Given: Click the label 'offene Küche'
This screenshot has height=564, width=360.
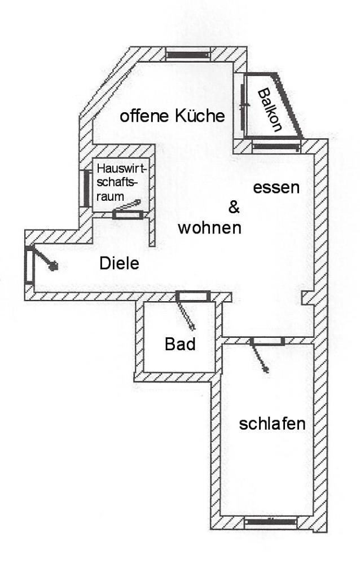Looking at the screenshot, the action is pos(172,116).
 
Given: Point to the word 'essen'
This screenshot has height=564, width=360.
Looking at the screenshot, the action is pos(276,188).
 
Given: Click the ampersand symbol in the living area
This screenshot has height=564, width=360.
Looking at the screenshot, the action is pos(234,207).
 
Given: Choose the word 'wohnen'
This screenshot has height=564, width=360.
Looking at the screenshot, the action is pos(209,228).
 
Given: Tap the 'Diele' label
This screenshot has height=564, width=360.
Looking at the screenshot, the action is pos(119,263).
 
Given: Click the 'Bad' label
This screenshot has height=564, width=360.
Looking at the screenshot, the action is pos(180,344).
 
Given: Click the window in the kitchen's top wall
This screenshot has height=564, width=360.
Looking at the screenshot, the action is pos(187,55).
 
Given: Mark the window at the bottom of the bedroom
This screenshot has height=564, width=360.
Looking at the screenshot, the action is pos(270,522).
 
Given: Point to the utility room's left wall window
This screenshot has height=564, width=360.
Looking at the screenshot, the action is pos(86,188).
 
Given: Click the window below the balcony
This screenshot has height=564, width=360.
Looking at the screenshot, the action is pos(276,147).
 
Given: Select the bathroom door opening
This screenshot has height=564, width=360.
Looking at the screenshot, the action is pos(192,297).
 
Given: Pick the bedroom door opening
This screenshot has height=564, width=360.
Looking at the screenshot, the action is pos(267,341).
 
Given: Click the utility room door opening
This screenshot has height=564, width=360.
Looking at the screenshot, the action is pos(128,215).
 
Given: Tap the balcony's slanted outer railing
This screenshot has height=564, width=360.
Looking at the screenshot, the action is pos(289,105).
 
